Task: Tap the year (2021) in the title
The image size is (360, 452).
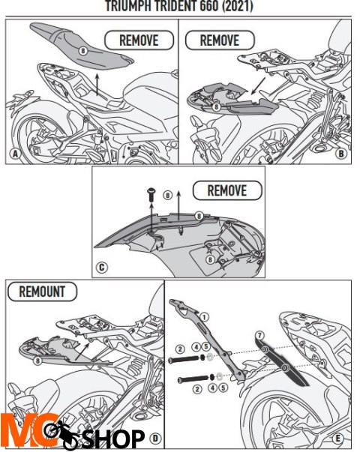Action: (x=234, y=6)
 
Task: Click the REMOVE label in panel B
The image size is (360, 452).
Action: (x=220, y=39)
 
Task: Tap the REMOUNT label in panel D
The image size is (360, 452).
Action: (x=42, y=292)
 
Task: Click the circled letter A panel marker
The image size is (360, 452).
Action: (x=14, y=155)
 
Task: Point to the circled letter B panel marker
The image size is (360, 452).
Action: (x=340, y=154)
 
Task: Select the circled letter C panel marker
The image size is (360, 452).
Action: (x=102, y=266)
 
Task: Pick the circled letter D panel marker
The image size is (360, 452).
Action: (x=154, y=437)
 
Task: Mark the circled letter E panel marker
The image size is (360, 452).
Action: (x=338, y=437)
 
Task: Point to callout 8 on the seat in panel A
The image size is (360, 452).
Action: (x=82, y=49)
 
